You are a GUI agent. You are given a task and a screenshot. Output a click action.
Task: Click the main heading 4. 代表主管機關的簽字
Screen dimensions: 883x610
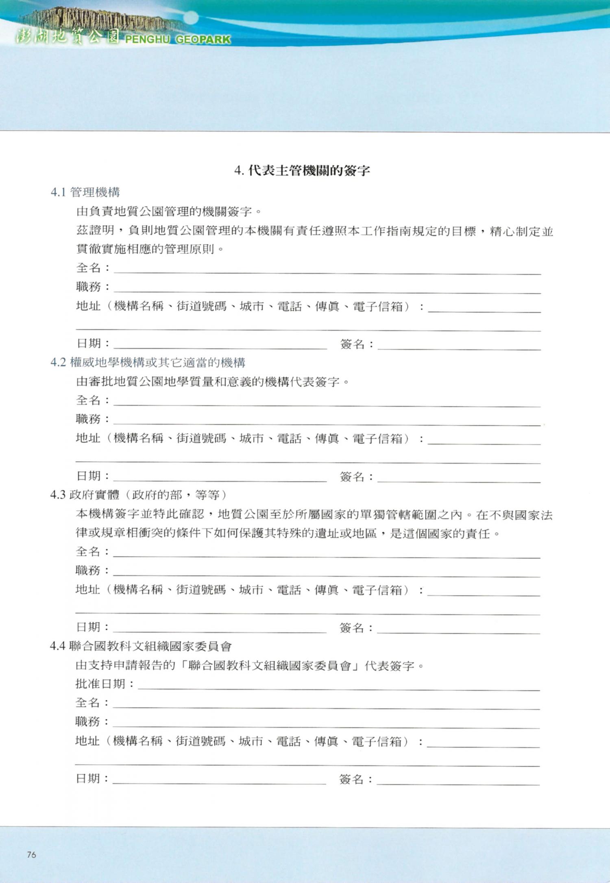tap(302, 170)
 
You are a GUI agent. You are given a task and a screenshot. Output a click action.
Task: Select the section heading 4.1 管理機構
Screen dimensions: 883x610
tap(85, 192)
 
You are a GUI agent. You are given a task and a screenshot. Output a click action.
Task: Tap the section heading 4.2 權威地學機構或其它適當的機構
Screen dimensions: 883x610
tap(148, 362)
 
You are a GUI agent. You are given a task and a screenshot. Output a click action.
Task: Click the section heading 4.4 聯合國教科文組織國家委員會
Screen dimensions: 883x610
tap(141, 646)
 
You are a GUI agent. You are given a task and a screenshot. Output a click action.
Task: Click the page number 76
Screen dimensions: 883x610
tap(31, 855)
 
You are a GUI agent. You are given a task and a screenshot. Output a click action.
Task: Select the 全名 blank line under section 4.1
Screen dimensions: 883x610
tap(327, 270)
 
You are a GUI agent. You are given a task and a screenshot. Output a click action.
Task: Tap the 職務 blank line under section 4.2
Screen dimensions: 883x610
tap(327, 422)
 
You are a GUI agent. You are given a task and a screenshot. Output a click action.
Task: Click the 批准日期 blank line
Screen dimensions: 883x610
tap(338, 687)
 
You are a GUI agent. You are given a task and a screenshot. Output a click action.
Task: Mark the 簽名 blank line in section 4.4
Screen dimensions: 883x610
tap(458, 781)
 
